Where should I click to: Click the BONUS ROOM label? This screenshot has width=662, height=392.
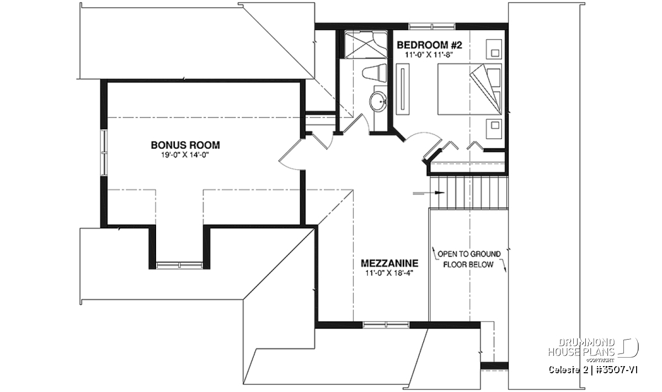tap(185, 145)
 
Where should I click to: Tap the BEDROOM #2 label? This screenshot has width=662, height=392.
tap(429, 45)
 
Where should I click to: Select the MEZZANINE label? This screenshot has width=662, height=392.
tap(389, 263)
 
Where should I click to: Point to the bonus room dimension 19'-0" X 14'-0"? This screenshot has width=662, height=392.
tap(185, 155)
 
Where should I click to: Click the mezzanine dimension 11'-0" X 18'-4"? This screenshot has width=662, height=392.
tap(389, 273)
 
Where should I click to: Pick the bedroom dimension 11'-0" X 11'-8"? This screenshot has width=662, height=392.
tap(429, 55)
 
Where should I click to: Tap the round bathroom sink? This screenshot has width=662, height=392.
tap(378, 101)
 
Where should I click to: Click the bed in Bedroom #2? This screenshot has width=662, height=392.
tap(469, 89)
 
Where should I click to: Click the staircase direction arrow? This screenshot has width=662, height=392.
tap(429, 193)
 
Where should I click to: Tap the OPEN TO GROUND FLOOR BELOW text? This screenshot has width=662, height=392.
tap(469, 259)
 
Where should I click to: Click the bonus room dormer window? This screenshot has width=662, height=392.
tap(179, 265)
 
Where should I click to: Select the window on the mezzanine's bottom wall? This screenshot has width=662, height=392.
tap(386, 325)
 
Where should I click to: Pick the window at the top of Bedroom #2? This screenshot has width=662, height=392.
tap(432, 26)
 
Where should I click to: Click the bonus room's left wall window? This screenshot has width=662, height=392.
tap(104, 153)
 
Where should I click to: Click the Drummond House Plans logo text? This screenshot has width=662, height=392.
tap(581, 347)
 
